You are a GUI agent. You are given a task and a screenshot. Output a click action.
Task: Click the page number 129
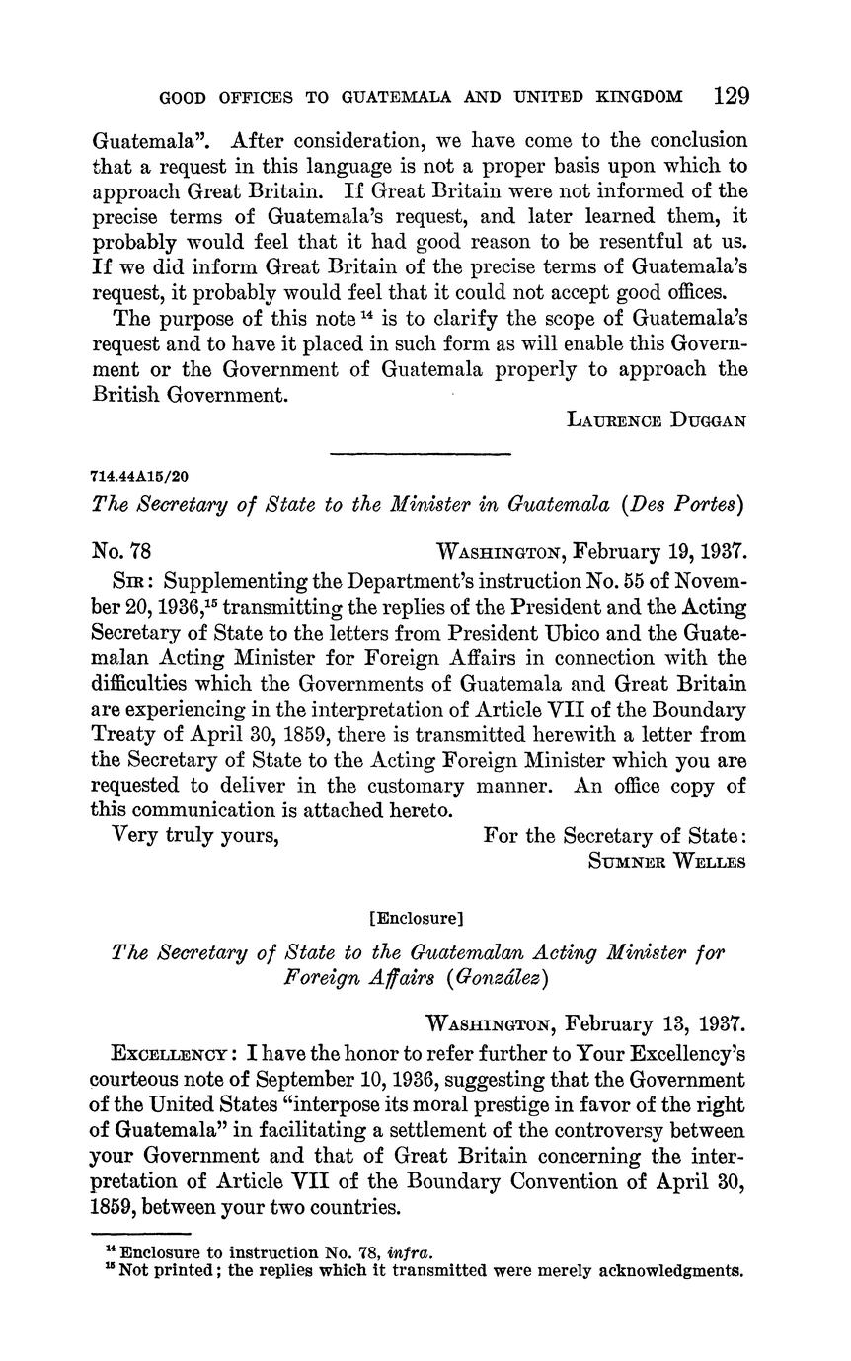tap(731, 96)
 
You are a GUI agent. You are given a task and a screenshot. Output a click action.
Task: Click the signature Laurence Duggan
tap(657, 419)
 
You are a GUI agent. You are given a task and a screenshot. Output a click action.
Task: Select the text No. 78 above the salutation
tap(120, 550)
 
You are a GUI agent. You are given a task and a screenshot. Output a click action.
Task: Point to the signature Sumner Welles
tap(666, 860)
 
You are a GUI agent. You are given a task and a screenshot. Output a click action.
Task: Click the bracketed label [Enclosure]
tap(415, 918)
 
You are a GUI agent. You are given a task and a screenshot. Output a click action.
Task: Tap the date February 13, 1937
tap(658, 1023)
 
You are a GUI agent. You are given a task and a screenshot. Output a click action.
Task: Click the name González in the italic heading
tap(482, 978)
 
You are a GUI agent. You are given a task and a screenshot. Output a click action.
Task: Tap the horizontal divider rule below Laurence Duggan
tap(420, 454)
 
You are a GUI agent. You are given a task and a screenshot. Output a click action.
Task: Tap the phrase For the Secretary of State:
tap(615, 835)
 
